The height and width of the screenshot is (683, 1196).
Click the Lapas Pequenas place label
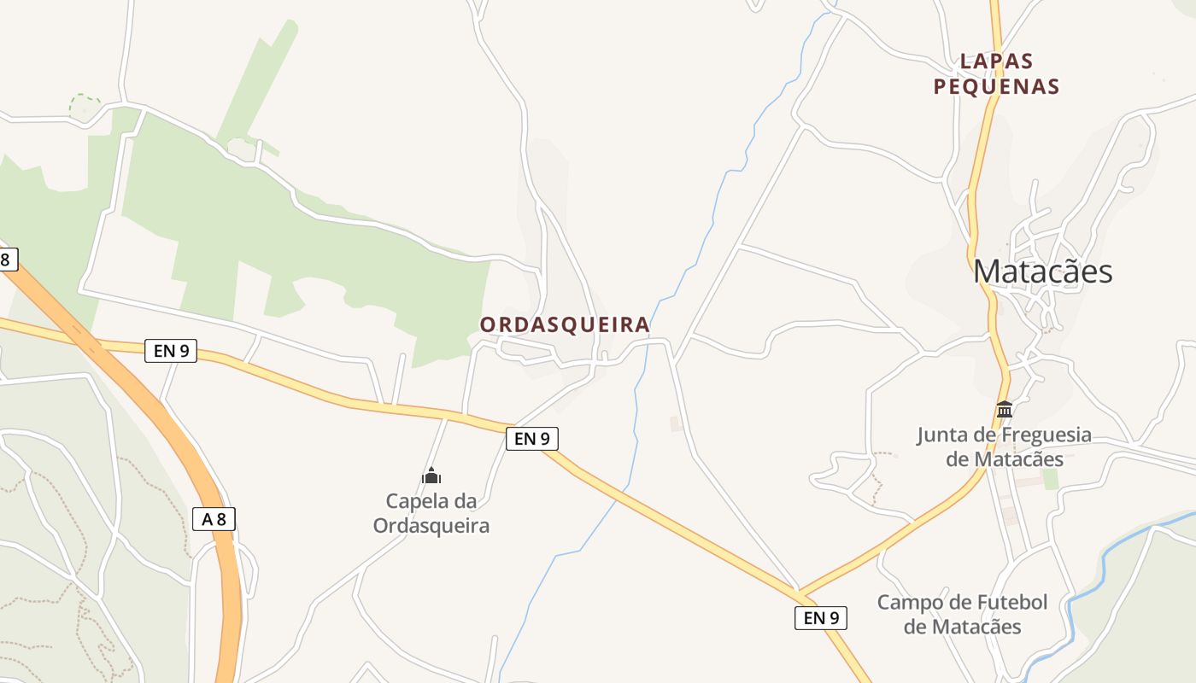coord(996,73)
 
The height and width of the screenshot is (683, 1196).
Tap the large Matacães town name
coord(1042,271)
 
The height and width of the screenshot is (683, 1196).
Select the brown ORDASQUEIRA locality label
coord(565,325)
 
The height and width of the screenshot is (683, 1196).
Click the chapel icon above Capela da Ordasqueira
coord(431,476)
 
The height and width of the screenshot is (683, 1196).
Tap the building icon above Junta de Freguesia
coord(1005,410)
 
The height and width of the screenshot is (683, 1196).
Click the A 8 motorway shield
coord(214,518)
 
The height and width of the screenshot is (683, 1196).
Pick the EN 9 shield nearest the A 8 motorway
coord(171,350)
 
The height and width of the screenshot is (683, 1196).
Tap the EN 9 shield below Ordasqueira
coord(531,439)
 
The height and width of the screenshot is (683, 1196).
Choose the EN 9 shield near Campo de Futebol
coord(821,617)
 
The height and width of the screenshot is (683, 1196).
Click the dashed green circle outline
coord(85,107)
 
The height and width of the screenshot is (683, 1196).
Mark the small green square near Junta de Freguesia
coord(1050,479)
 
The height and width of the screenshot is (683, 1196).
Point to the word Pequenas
coord(996,86)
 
